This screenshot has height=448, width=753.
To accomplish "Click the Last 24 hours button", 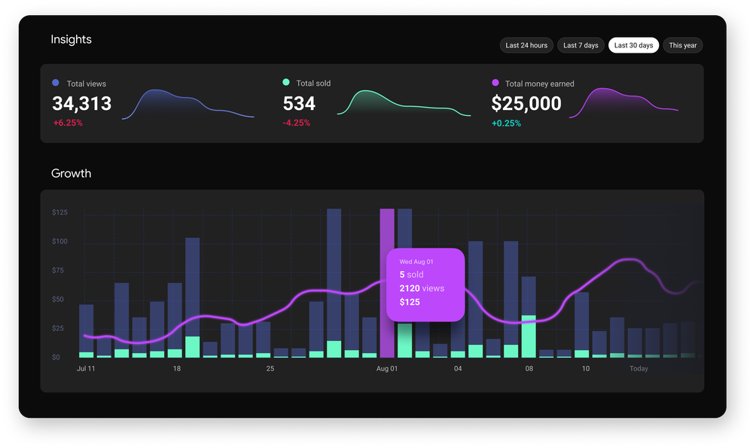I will (x=526, y=45).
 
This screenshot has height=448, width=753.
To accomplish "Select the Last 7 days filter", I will (x=581, y=45).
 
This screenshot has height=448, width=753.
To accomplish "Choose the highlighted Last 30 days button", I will (x=633, y=45).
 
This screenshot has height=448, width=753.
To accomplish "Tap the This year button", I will (x=682, y=45).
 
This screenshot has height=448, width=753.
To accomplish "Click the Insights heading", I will (x=71, y=39).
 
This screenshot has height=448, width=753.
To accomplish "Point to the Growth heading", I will (x=71, y=173).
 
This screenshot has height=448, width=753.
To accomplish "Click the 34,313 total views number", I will (x=81, y=103).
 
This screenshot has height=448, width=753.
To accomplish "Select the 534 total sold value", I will (x=299, y=103).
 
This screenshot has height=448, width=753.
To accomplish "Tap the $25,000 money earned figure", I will (x=526, y=103).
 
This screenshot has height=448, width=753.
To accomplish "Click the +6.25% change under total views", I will (x=68, y=123).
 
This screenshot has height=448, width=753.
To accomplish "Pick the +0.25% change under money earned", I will (x=507, y=123).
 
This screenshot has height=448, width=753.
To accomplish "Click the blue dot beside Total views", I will (x=56, y=84).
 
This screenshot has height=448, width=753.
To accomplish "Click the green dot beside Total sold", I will (x=286, y=83).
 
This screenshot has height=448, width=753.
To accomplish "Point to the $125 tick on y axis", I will (x=59, y=213).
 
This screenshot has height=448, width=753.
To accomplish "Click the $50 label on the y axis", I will (x=59, y=300).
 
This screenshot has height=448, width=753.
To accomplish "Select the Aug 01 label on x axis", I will (x=387, y=369).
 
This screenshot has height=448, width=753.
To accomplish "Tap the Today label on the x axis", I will (x=639, y=369).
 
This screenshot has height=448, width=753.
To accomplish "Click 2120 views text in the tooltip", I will (x=422, y=288).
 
